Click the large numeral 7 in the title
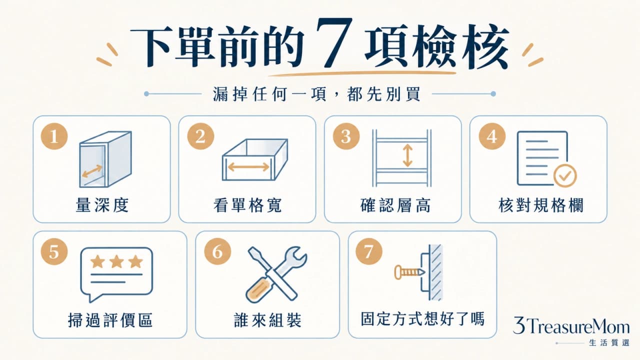pyautogui.click(x=334, y=42)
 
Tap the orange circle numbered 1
pyautogui.click(x=54, y=136)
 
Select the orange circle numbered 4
pyautogui.click(x=492, y=136)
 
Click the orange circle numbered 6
pyautogui.click(x=217, y=251)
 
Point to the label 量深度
pyautogui.click(x=102, y=205)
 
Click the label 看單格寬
pyautogui.click(x=247, y=205)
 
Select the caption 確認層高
pyautogui.click(x=395, y=205)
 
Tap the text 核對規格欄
pyautogui.click(x=541, y=205)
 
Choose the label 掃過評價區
pyautogui.click(x=110, y=320)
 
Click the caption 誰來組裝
pyautogui.click(x=267, y=320)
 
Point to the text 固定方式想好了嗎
pyautogui.click(x=422, y=319)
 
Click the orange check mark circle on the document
pyautogui.click(x=565, y=175)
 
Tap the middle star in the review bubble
pyautogui.click(x=116, y=261)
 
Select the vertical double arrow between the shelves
pyautogui.click(x=407, y=155)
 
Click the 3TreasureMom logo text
pyautogui.click(x=571, y=325)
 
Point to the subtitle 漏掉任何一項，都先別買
pyautogui.click(x=317, y=94)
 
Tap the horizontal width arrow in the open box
pyautogui.click(x=248, y=167)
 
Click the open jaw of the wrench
pyautogui.click(x=297, y=255)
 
